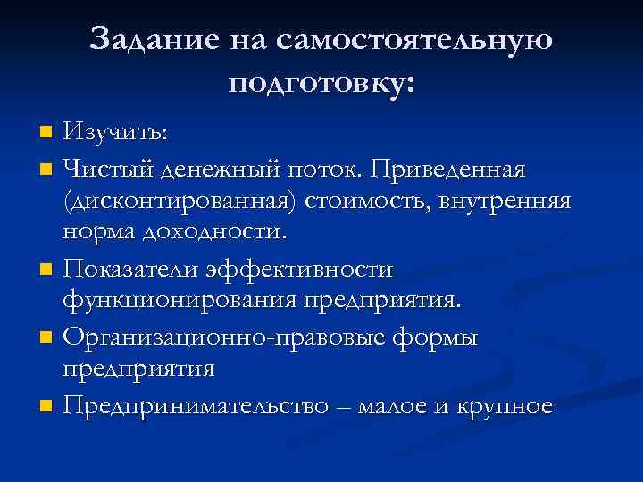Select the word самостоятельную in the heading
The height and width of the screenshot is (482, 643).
point(414,39)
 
